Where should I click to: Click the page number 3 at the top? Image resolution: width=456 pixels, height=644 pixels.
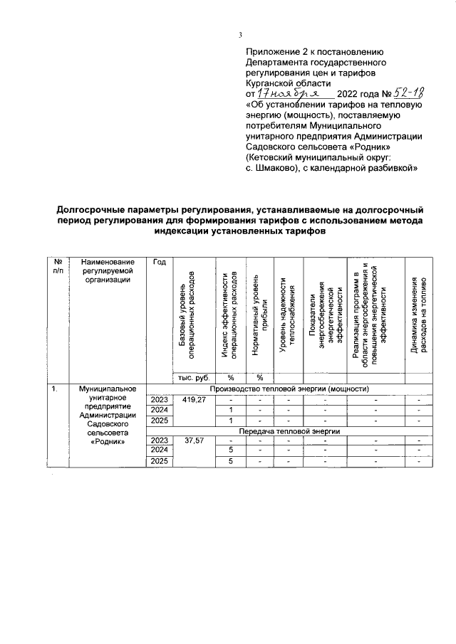pyautogui.click(x=240, y=35)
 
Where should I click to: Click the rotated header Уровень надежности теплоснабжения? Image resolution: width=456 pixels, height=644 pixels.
pyautogui.click(x=286, y=313)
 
